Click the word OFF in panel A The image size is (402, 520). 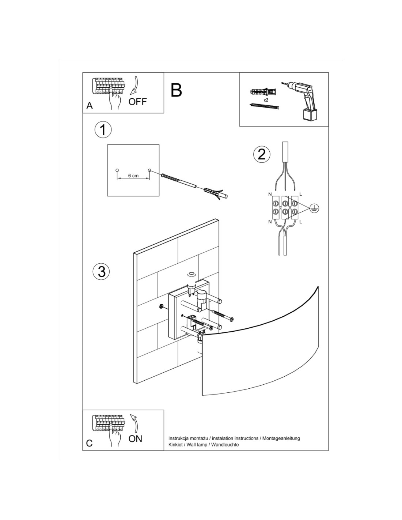point(137,102)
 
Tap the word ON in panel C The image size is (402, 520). point(135,438)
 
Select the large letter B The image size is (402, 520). point(176,90)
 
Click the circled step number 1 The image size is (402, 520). point(103,130)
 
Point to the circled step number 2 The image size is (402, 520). point(262,154)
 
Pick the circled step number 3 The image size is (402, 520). point(101,271)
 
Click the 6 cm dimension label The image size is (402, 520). point(133,176)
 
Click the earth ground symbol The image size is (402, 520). point(314,208)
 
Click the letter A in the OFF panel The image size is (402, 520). point(90,106)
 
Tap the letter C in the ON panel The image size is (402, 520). point(90,443)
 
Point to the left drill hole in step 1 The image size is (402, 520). point(117,170)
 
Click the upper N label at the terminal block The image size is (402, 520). point(270,193)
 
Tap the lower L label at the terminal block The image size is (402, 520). point(300,222)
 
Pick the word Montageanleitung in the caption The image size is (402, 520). point(281,438)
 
